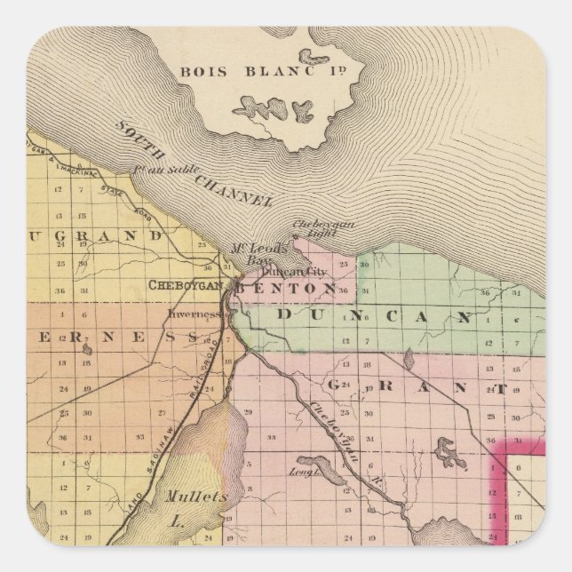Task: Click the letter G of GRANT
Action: tap(336, 385)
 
